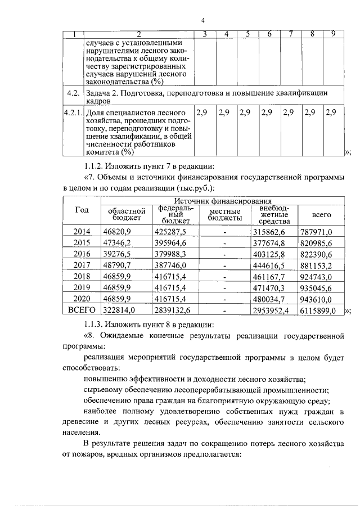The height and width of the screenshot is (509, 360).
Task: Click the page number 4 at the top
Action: pos(202,21)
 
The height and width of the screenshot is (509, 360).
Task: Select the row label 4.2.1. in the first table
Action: pos(73,112)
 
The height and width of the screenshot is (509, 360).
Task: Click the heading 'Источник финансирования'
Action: pos(223,200)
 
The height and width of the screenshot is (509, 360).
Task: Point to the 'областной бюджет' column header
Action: pos(126,214)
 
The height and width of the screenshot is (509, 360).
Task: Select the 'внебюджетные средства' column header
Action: pos(274,214)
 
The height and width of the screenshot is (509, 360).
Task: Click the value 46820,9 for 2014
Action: pos(116,231)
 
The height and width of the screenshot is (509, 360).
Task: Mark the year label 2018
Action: pos(82,276)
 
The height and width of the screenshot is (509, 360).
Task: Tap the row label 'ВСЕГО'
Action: pos(82,310)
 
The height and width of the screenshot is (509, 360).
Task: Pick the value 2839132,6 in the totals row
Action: pos(173,310)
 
